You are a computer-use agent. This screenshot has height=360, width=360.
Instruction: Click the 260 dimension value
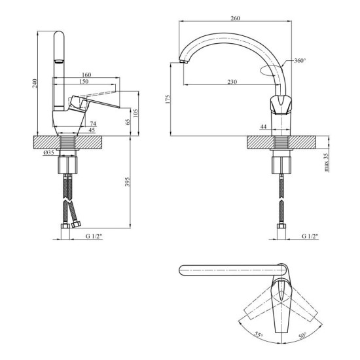[x=235, y=18]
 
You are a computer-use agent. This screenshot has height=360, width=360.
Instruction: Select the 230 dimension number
[x=232, y=82]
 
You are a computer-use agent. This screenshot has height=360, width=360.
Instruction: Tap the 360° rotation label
[x=300, y=61]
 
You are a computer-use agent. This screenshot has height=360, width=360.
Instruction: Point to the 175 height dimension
[x=168, y=99]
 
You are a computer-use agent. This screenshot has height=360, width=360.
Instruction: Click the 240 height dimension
[x=35, y=83]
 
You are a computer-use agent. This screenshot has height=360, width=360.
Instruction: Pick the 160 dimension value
[x=86, y=75]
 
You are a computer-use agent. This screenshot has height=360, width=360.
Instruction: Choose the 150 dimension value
[x=84, y=81]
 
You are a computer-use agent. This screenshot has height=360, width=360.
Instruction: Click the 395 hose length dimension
[x=128, y=181]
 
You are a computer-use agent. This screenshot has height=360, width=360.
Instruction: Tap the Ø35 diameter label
[x=48, y=153]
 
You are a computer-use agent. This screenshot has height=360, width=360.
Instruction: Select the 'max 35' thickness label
[x=326, y=162]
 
